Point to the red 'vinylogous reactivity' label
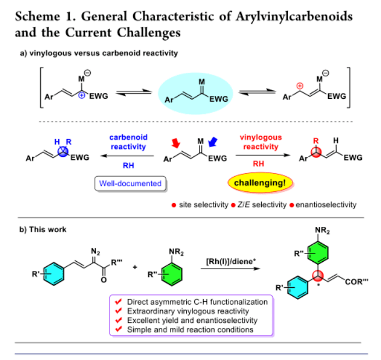(x=260, y=142)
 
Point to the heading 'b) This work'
(x=43, y=230)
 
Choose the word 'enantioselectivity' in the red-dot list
(x=327, y=205)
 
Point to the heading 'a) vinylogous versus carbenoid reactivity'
(x=92, y=53)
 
